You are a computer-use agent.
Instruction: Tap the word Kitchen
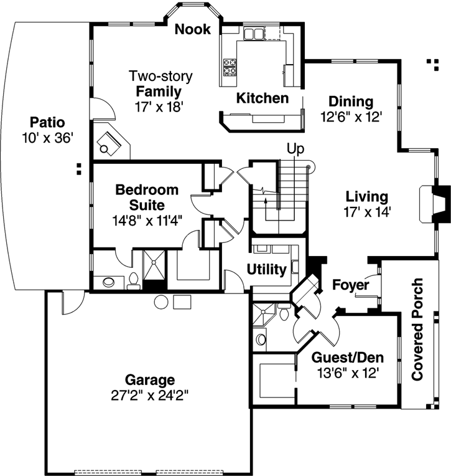click(x=262, y=98)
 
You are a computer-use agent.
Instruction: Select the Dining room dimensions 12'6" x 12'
click(x=351, y=116)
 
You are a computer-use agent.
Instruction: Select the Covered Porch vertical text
click(x=417, y=330)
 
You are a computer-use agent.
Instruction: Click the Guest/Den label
click(x=347, y=358)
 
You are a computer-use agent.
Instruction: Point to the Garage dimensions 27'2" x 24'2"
click(x=149, y=394)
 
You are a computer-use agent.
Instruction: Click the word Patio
click(x=47, y=121)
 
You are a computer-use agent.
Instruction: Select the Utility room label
click(x=266, y=270)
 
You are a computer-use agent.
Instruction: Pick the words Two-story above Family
click(x=160, y=76)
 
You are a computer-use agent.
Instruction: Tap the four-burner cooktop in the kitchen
click(x=230, y=66)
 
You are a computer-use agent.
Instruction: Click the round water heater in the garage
click(x=162, y=302)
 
